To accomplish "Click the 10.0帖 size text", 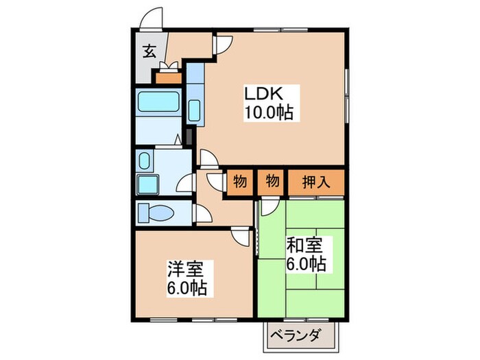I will point(268,112).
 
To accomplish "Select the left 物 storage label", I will point(239,182).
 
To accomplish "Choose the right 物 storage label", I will point(272,182).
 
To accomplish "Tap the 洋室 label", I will point(188,268).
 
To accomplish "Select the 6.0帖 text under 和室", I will point(307,263).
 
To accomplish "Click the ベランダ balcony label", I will point(302,336).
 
